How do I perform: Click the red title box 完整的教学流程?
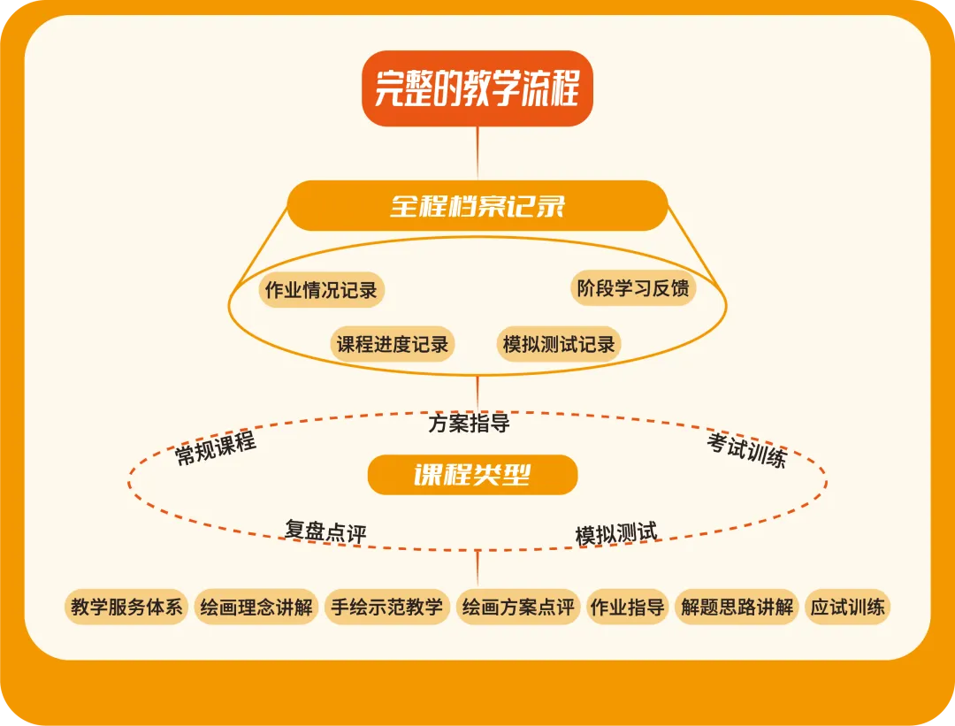pos(477,88)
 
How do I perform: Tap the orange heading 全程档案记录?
pos(477,206)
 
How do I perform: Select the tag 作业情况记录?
pos(321,290)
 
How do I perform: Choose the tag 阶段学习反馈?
pos(633,288)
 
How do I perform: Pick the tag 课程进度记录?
pos(393,344)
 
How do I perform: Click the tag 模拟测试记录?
pos(559,344)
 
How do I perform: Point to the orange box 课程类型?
pos(472,475)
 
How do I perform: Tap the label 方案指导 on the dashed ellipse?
pos(469,424)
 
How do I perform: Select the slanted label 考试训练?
pos(746,449)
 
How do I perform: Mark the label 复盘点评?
pos(325,531)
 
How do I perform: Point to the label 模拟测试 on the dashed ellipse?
pos(616,533)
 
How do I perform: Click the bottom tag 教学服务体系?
pos(126,608)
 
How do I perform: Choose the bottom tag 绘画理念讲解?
pos(256,608)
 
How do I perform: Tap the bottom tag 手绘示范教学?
pos(386,608)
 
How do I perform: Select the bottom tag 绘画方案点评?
pos(518,608)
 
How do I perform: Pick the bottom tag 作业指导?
pos(627,608)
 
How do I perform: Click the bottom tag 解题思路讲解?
pos(737,608)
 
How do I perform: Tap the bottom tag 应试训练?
pos(847,608)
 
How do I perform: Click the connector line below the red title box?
pos(477,153)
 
